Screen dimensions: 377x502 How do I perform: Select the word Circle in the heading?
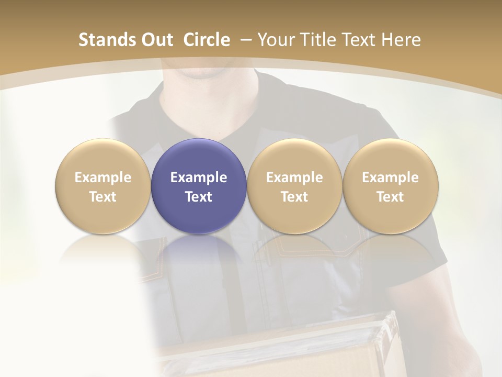coord(207,40)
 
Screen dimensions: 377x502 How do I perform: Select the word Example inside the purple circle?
coord(199,178)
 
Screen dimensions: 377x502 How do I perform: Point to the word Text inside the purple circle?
coord(199,197)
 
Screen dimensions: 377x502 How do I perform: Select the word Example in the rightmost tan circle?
coord(390,178)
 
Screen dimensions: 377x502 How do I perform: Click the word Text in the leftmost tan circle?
coord(102,197)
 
